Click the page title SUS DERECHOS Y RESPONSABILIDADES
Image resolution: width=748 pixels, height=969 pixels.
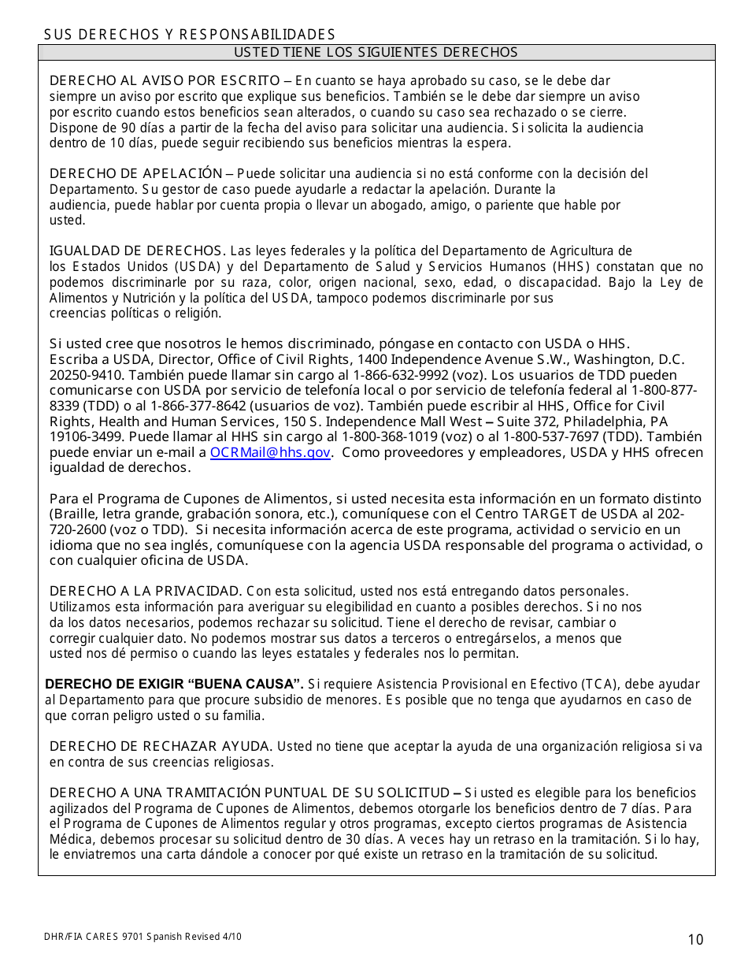click(x=189, y=34)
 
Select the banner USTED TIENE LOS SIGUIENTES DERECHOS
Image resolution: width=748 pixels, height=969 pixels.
click(x=376, y=52)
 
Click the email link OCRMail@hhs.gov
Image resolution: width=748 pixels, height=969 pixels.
click(x=270, y=452)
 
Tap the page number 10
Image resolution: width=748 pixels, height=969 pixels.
click(x=695, y=939)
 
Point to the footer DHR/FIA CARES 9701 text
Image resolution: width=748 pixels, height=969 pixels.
click(x=143, y=937)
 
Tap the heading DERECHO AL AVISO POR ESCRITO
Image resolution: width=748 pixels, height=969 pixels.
click(x=165, y=80)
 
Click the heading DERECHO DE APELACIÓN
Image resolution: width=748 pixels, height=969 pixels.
click(x=135, y=173)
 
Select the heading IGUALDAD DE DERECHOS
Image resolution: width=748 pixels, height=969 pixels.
click(x=138, y=251)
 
